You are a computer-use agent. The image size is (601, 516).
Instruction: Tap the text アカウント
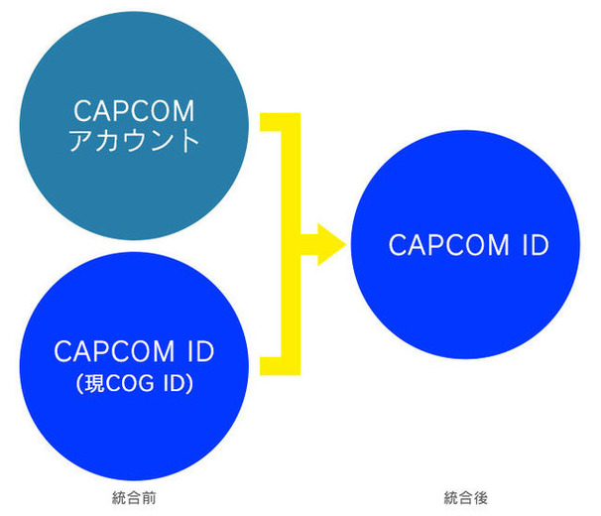(x=134, y=141)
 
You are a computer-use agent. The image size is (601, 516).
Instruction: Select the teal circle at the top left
(x=134, y=60)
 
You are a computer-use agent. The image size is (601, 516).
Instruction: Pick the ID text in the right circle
(x=534, y=245)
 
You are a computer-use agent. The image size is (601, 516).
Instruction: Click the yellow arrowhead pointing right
(x=326, y=244)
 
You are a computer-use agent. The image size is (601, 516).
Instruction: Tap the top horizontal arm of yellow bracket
(x=277, y=122)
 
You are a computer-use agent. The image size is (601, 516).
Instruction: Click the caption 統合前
(x=134, y=497)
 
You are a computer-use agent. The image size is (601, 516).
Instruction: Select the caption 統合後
(x=465, y=497)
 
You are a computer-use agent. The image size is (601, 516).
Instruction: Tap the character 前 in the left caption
(x=149, y=497)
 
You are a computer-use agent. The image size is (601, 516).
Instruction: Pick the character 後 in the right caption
(x=480, y=497)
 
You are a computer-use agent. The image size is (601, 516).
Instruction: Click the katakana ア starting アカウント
(x=80, y=141)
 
